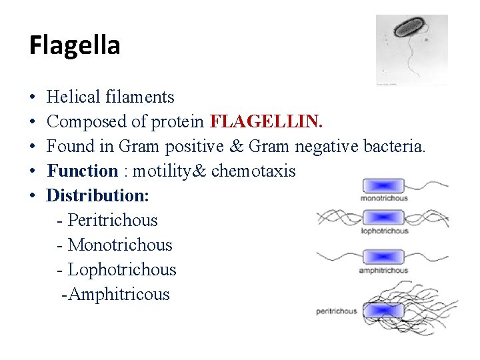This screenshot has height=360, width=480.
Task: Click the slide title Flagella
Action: [x=75, y=46]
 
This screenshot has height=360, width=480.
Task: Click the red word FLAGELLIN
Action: [x=266, y=121]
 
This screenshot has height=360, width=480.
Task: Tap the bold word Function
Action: [x=83, y=171]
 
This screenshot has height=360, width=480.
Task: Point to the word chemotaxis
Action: [x=253, y=171]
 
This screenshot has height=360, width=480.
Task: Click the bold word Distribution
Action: [x=97, y=195]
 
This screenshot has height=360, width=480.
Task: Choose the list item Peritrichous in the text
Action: [x=113, y=220]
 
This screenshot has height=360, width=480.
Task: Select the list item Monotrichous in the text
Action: [x=120, y=245]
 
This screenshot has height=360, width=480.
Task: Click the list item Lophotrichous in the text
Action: [x=122, y=269]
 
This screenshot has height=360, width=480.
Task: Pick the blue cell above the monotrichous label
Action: [x=383, y=187]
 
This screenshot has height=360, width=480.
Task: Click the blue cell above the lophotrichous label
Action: [x=383, y=218]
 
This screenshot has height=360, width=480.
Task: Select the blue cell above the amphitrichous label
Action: [x=383, y=257]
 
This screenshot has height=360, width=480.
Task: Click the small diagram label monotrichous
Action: [x=383, y=199]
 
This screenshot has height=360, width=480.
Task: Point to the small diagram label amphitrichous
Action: [x=383, y=271]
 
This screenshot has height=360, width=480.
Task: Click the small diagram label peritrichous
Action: [x=336, y=311]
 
